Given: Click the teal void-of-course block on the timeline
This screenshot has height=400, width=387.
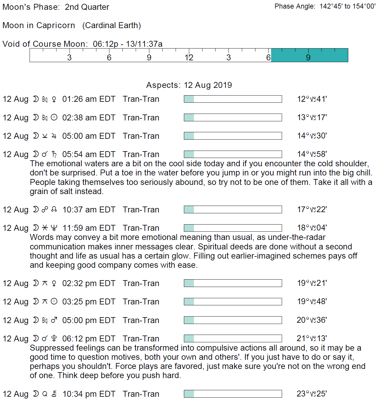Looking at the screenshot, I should (309, 55).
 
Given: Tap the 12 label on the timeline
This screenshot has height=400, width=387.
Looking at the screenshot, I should (189, 57).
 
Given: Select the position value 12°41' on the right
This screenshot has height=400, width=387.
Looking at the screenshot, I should (312, 99).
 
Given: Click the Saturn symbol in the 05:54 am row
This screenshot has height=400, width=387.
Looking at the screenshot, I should (54, 154).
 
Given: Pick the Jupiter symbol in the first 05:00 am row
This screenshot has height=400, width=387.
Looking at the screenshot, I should (54, 136).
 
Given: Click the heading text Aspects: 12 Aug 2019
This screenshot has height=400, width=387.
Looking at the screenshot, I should (189, 85).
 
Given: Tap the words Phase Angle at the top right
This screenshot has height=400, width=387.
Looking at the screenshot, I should (294, 7).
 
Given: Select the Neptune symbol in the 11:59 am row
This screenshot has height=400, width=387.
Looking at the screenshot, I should (54, 228).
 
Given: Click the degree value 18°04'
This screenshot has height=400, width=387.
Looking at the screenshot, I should (312, 228).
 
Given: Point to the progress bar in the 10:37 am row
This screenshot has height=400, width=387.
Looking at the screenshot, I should (233, 209).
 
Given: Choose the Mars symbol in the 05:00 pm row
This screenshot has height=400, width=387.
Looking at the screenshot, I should (54, 320).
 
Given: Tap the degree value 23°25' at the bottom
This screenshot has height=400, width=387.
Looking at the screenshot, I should (312, 394).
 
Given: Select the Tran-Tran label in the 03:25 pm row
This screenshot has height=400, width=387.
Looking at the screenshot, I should (141, 302).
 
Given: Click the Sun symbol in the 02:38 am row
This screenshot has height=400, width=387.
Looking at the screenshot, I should (54, 117).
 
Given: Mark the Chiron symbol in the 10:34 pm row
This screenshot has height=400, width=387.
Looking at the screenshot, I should (54, 394).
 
